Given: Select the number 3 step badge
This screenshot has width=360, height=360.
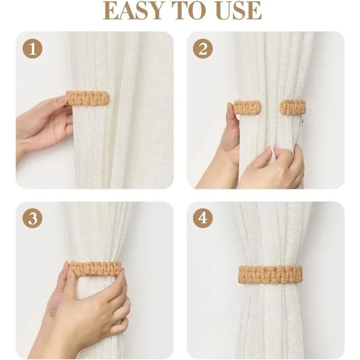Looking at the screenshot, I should coord(32,219).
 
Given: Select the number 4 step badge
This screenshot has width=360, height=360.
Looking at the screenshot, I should coord(202,219).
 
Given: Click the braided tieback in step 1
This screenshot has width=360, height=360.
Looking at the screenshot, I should coord(88,98).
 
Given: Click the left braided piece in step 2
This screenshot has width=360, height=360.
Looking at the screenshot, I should coord(247,107).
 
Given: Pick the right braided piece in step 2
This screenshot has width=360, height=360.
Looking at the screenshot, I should coord(292,107).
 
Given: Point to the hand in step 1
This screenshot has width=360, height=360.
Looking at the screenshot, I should coord(40,124).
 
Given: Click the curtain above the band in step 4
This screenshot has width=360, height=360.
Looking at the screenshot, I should coord(270,234).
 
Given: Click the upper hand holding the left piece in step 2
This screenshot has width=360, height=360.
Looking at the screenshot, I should coord(232,135).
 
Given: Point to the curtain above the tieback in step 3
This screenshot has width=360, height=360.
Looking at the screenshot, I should coord(101,229).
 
